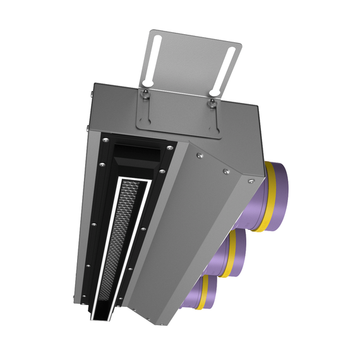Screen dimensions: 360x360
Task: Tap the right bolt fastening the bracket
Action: pyautogui.click(x=212, y=100)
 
